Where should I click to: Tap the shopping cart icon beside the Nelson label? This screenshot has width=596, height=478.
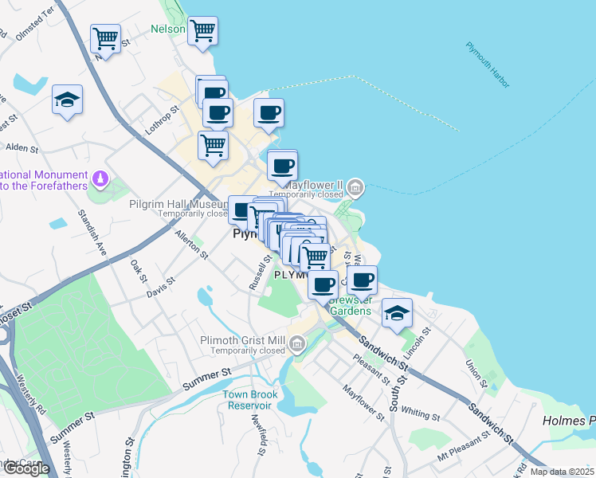click(202, 31)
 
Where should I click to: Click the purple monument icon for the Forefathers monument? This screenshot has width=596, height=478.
click(100, 178)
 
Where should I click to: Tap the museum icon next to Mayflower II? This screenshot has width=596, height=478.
click(355, 189)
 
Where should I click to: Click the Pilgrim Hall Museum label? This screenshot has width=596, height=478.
click(178, 204)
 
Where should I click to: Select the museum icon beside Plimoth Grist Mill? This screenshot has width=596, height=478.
click(297, 344)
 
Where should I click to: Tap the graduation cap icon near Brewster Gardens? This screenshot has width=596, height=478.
click(396, 312)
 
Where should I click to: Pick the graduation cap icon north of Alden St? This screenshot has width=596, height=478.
click(67, 100)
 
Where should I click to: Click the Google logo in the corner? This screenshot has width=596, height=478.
click(25, 468)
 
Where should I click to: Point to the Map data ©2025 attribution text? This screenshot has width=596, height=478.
click(561, 472)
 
